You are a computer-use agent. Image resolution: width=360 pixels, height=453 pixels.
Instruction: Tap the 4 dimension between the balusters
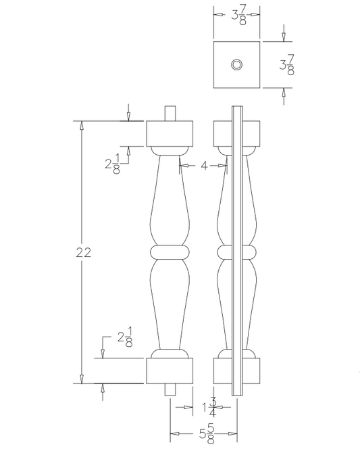click(x=203, y=164)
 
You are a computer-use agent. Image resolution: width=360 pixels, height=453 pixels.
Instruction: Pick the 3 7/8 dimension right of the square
click(x=286, y=65)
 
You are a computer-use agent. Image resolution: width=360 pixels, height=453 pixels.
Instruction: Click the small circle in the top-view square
click(x=237, y=64)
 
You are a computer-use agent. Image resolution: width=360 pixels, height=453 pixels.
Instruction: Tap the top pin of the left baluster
click(x=170, y=113)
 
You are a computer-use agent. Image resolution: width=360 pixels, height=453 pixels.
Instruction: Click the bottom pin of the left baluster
click(x=170, y=389)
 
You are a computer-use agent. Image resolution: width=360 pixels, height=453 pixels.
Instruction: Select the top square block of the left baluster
click(x=170, y=133)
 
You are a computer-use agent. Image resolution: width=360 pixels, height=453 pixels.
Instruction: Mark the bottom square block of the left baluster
click(x=170, y=371)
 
